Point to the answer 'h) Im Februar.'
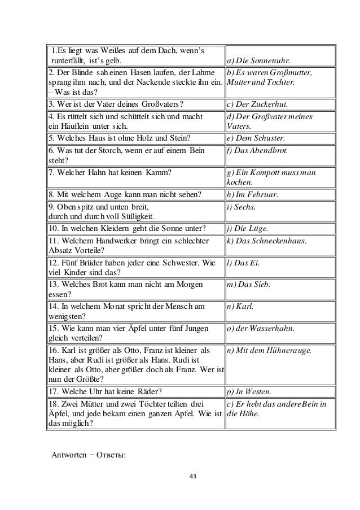tap(252, 195)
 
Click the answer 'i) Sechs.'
tap(240, 207)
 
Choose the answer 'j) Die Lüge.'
tap(247, 229)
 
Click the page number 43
tap(192, 477)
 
